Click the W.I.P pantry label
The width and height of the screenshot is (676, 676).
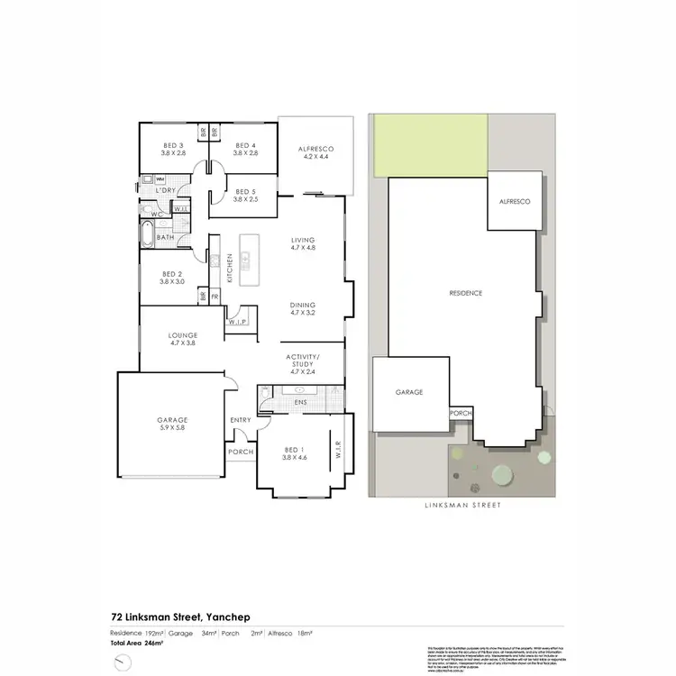tap(239, 322)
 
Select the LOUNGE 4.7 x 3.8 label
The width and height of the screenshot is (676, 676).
tap(182, 339)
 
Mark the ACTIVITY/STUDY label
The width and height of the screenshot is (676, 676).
tap(300, 363)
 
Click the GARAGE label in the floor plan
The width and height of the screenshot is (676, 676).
tap(171, 422)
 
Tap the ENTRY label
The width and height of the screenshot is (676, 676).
tap(241, 420)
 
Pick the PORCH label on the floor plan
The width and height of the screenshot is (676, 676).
tap(241, 452)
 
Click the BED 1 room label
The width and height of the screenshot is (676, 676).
tap(296, 454)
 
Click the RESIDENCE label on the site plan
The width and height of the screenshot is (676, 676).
tap(467, 293)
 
